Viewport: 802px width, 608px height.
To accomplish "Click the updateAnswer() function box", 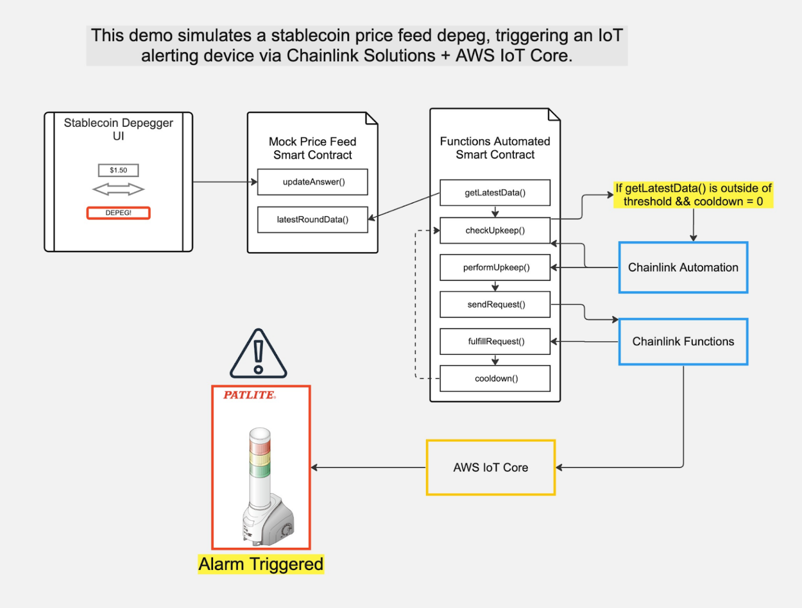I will click(x=312, y=182).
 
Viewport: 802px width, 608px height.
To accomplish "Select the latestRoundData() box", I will click(x=312, y=219).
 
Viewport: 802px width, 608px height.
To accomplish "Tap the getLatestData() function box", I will click(x=494, y=193).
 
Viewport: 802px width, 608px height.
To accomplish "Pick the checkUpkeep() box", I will click(x=494, y=230).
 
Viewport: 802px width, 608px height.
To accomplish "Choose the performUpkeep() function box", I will click(x=494, y=267).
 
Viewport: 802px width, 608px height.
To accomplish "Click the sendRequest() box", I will click(x=494, y=305).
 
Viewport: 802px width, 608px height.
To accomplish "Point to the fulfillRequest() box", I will click(x=494, y=342).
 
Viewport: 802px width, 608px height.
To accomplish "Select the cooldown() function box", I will click(x=494, y=379).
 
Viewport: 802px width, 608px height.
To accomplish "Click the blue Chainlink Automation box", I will click(x=683, y=267).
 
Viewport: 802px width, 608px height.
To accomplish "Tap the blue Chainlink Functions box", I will click(x=683, y=342).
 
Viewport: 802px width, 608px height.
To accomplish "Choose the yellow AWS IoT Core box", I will click(x=490, y=467).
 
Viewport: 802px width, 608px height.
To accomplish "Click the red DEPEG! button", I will click(x=119, y=213).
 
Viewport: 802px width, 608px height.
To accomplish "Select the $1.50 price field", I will click(x=119, y=170).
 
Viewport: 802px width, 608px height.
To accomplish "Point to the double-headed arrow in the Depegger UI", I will click(x=119, y=189).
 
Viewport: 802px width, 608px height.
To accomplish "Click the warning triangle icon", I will click(x=258, y=355).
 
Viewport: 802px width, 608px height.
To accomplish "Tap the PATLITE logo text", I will click(x=249, y=395).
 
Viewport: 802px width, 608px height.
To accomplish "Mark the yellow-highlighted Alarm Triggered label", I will click(x=261, y=564).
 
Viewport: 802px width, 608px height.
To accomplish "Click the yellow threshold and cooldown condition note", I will click(x=693, y=195).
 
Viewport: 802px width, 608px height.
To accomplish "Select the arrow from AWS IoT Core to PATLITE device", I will click(x=368, y=467).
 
